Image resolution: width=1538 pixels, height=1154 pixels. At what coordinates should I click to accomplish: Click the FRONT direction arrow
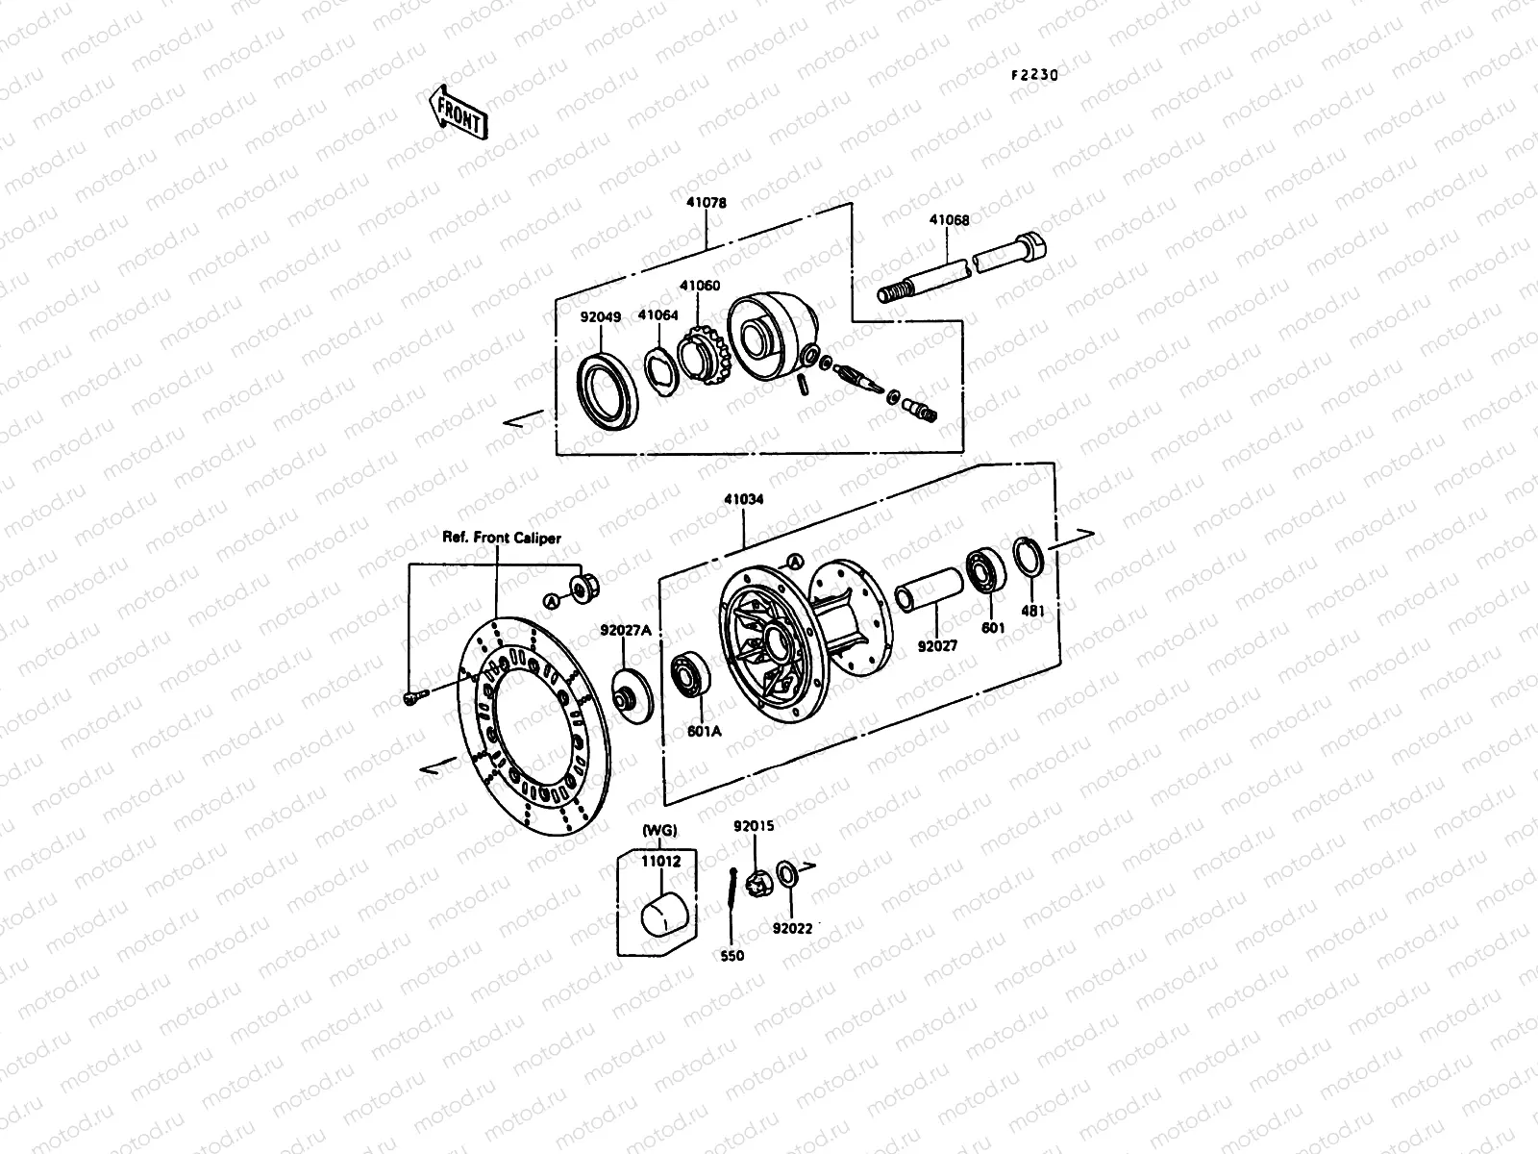coord(459,113)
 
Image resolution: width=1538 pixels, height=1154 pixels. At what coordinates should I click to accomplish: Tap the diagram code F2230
coord(1033,75)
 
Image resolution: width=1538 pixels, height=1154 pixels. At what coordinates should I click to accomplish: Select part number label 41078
coord(707,203)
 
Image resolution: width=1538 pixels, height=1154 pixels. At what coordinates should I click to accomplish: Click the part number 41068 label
coord(949,219)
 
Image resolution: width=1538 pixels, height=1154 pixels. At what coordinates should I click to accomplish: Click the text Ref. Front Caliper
coord(501,539)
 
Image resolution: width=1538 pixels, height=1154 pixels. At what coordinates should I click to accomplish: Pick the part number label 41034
coord(745,500)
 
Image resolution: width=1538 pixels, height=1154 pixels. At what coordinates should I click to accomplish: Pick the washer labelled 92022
coord(786,875)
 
